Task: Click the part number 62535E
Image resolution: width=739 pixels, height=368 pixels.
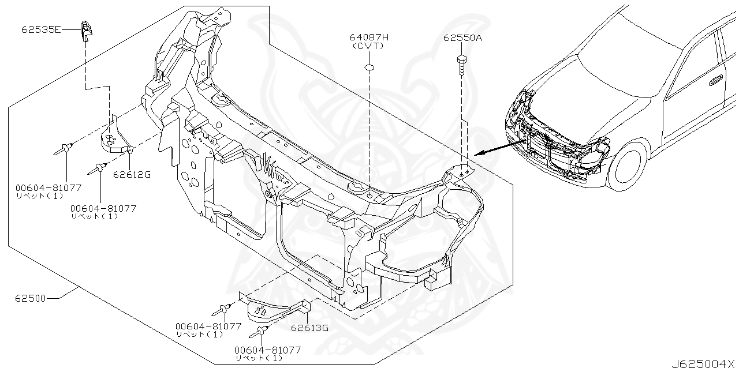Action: (x=41, y=28)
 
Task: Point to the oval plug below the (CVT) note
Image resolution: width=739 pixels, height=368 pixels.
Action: (x=369, y=68)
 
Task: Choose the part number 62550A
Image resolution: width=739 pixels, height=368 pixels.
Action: (x=462, y=37)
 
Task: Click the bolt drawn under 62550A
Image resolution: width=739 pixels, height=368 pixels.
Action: (x=461, y=64)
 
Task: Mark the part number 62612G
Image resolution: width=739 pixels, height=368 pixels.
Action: (x=132, y=174)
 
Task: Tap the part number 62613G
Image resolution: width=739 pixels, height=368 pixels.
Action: (x=309, y=328)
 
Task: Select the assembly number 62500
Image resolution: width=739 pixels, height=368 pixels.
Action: (x=31, y=298)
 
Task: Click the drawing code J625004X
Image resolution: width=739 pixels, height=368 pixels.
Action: (x=704, y=363)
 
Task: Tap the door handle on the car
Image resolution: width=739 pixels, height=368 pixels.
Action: (x=716, y=80)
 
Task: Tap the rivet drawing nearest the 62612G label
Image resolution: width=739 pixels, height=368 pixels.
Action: (x=99, y=168)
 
